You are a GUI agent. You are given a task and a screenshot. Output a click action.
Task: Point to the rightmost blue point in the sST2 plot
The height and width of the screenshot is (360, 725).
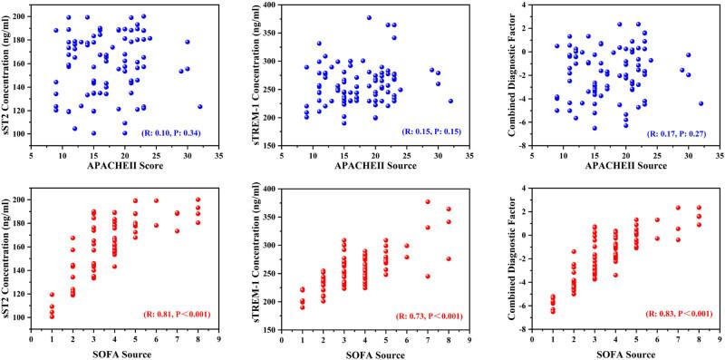(x=199, y=106)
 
